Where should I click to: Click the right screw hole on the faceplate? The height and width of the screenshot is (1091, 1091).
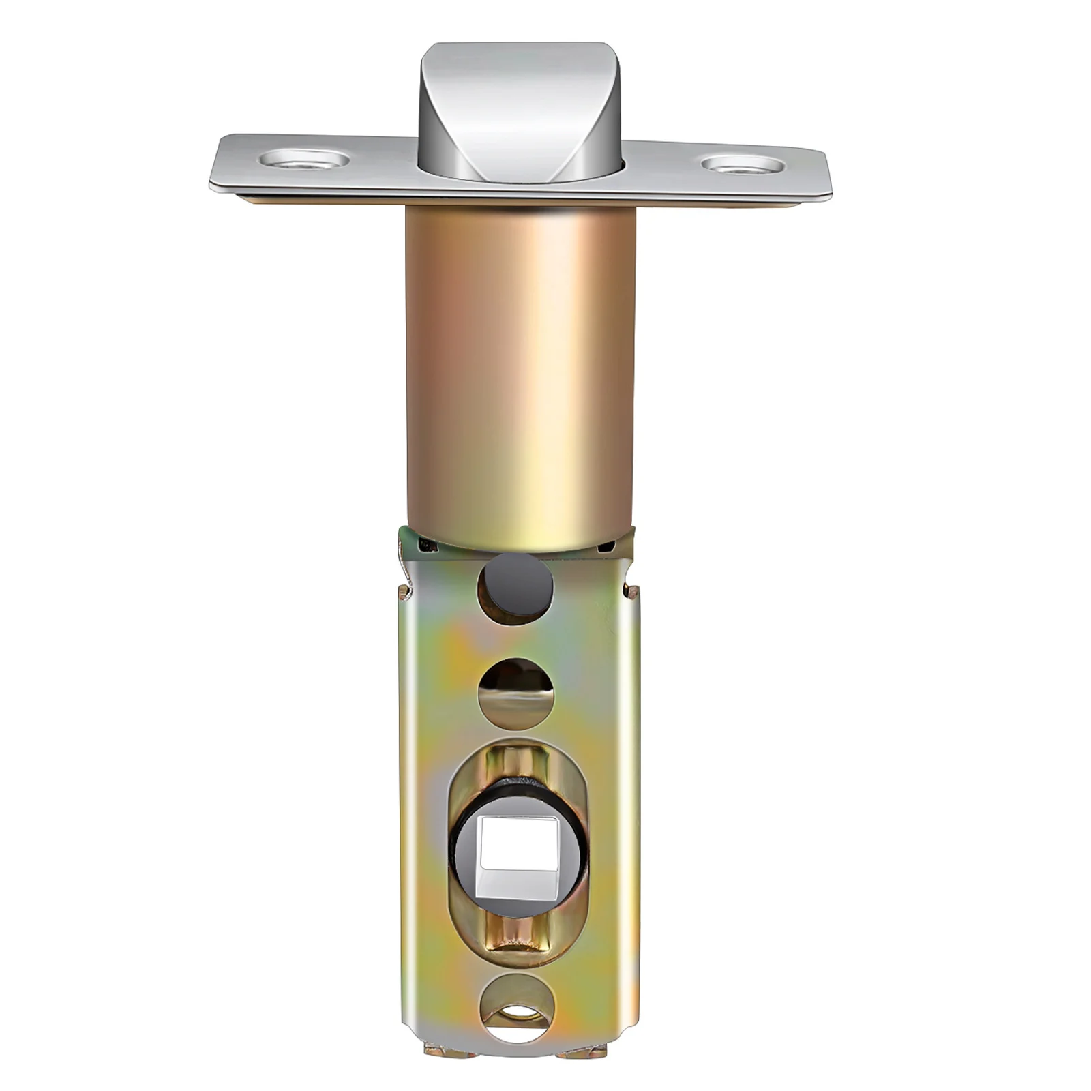tap(742, 164)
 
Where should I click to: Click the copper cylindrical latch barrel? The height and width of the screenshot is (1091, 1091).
tap(520, 368)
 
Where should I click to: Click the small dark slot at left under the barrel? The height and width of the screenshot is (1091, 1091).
tap(427, 543)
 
